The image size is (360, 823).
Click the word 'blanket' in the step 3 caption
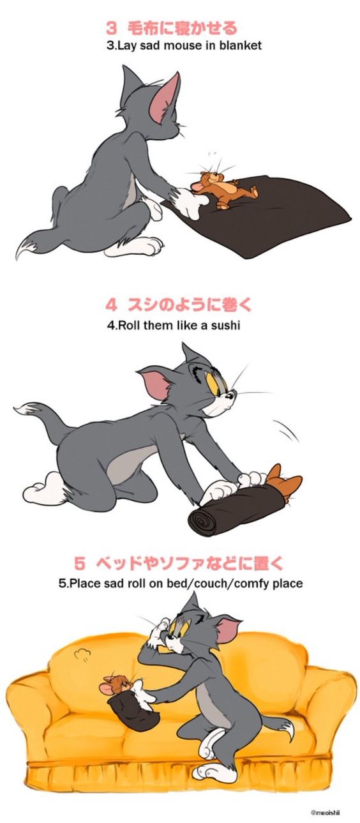pyautogui.click(x=241, y=45)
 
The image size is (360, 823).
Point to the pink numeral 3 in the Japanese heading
pyautogui.click(x=112, y=28)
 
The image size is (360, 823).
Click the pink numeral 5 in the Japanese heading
pyautogui.click(x=80, y=563)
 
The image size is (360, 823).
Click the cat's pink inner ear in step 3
pyautogui.click(x=165, y=98)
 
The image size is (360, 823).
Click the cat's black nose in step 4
pyautogui.click(x=230, y=396)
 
